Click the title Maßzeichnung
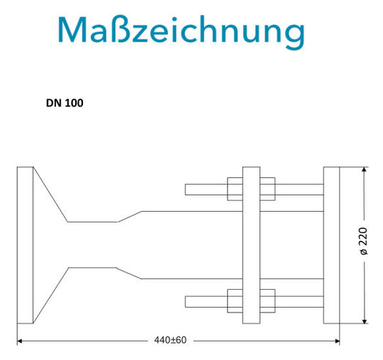pos(182,32)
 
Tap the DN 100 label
pos(65,103)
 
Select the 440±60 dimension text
pos(170,340)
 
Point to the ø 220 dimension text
pos(363,241)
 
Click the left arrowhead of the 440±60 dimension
pos(20,341)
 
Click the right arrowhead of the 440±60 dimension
pos(337,341)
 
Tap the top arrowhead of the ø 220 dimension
pos(365,170)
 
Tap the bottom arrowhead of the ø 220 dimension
pos(365,321)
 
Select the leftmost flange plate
pos(25,245)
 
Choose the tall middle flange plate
pos(251,245)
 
